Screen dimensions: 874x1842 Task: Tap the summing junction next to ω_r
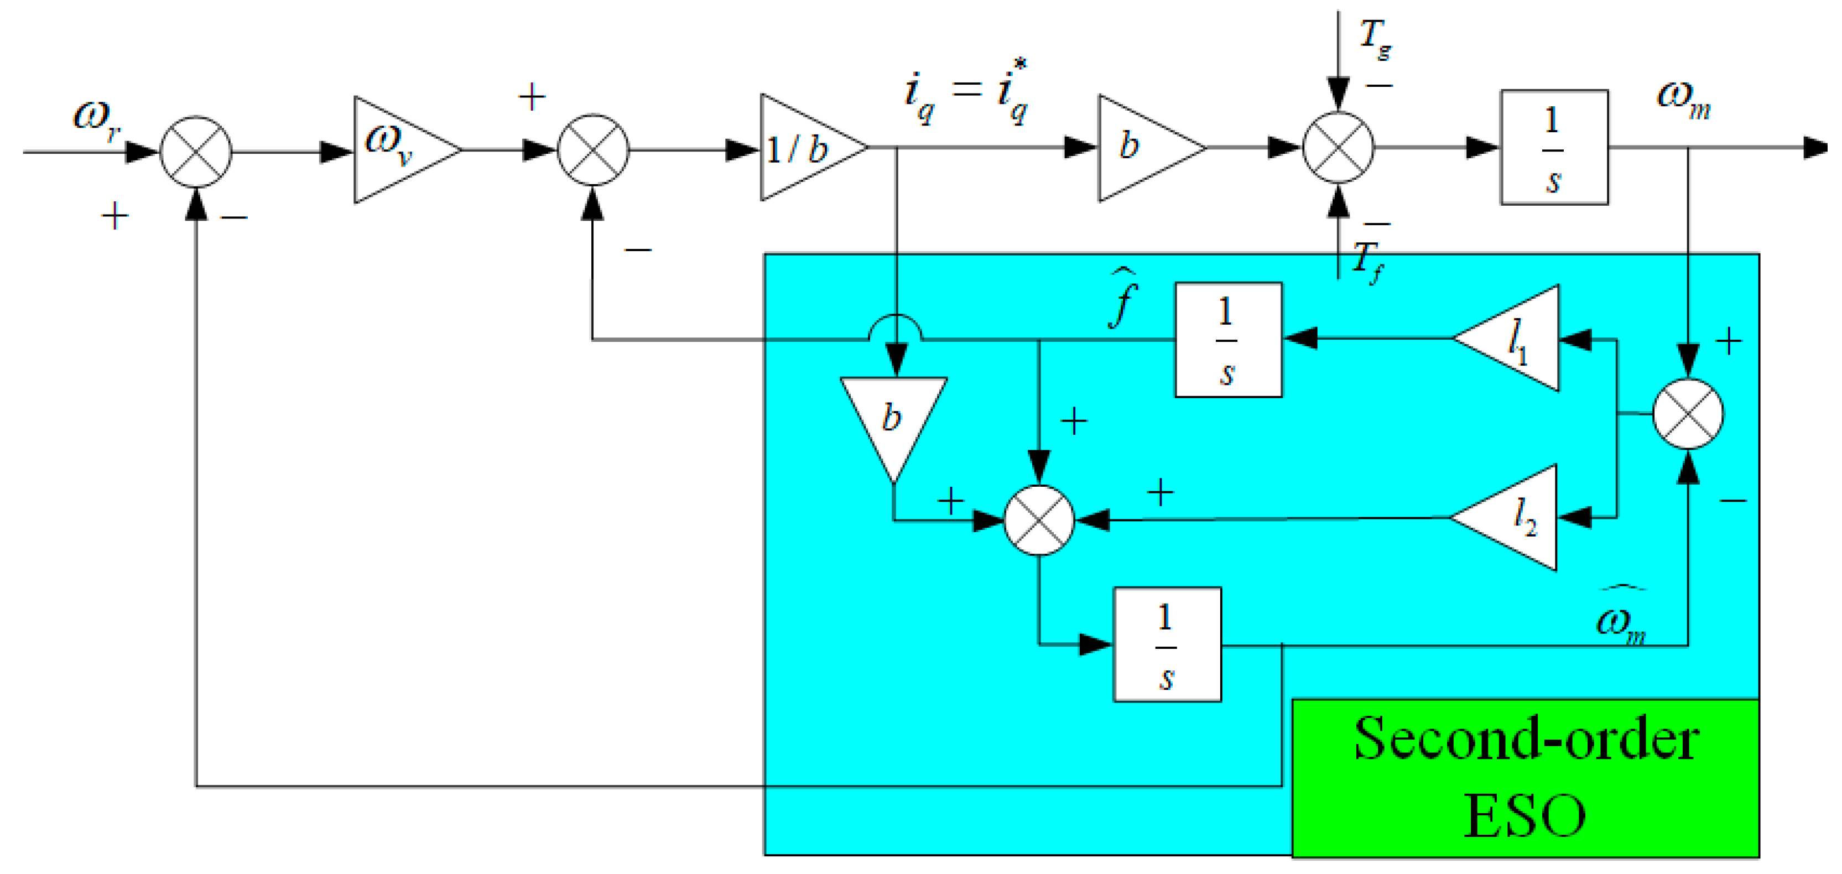tap(196, 152)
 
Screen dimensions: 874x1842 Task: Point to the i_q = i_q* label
tap(965, 93)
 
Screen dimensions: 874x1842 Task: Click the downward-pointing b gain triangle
tap(893, 422)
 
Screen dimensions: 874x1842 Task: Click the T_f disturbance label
tap(1368, 262)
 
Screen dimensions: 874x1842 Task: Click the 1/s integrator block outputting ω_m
tap(1554, 148)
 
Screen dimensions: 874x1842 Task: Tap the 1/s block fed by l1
tap(1229, 340)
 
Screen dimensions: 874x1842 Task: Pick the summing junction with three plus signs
tap(1038, 520)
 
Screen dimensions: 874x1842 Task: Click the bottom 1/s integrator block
tap(1167, 644)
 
